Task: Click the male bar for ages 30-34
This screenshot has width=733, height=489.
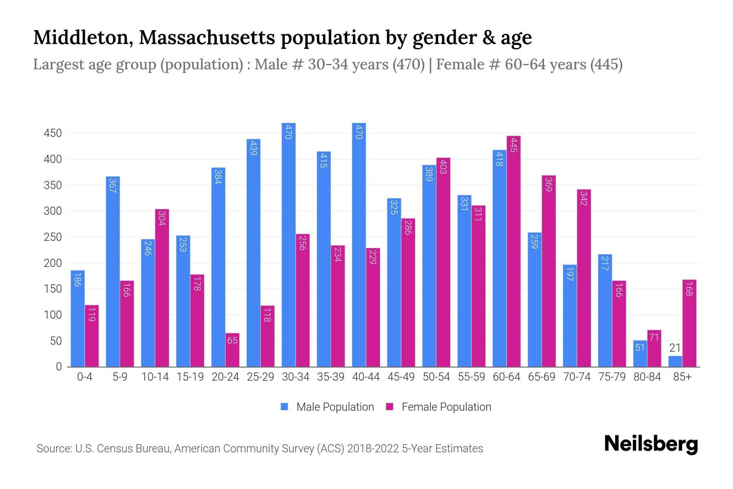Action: coord(288,244)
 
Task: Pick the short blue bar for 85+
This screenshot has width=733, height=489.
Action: coord(675,361)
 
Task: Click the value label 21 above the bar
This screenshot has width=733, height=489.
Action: coord(675,348)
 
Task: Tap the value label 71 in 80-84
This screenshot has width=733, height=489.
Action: coord(654,337)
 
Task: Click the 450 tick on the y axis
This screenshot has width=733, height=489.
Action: coord(53,133)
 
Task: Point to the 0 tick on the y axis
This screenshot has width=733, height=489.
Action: coord(59,367)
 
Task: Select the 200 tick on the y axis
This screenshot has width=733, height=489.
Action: coord(53,263)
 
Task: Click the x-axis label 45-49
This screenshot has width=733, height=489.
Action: coord(401,377)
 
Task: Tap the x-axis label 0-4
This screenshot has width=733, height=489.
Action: coord(85,377)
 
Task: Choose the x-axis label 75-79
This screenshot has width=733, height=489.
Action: coord(612,377)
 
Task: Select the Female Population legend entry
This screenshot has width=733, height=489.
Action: coord(438,407)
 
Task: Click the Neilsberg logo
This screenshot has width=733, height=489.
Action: coord(651,444)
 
